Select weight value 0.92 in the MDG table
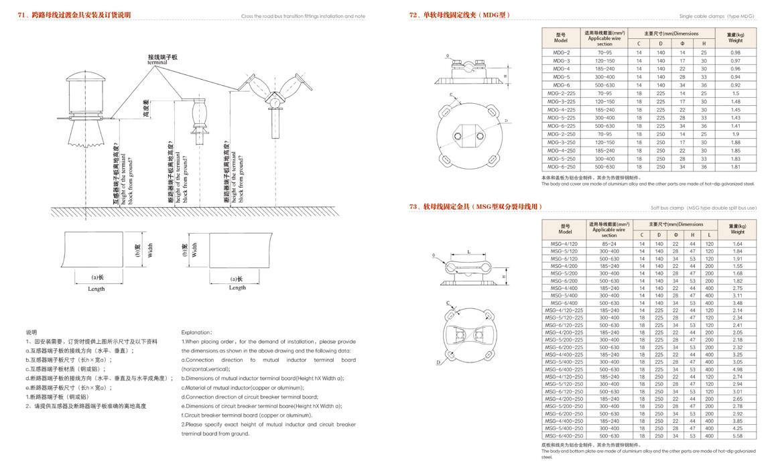click(735, 85)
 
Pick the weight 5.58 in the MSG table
click(738, 435)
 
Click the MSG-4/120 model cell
click(564, 244)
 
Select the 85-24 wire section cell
click(609, 244)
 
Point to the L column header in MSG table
click(709, 234)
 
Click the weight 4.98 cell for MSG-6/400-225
click(738, 369)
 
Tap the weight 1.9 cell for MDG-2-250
click(735, 134)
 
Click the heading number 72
click(413, 14)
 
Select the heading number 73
click(413, 207)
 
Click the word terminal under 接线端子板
click(157, 62)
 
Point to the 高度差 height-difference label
click(145, 108)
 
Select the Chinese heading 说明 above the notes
click(31, 332)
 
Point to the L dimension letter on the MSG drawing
click(468, 252)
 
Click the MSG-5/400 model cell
click(564, 295)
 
